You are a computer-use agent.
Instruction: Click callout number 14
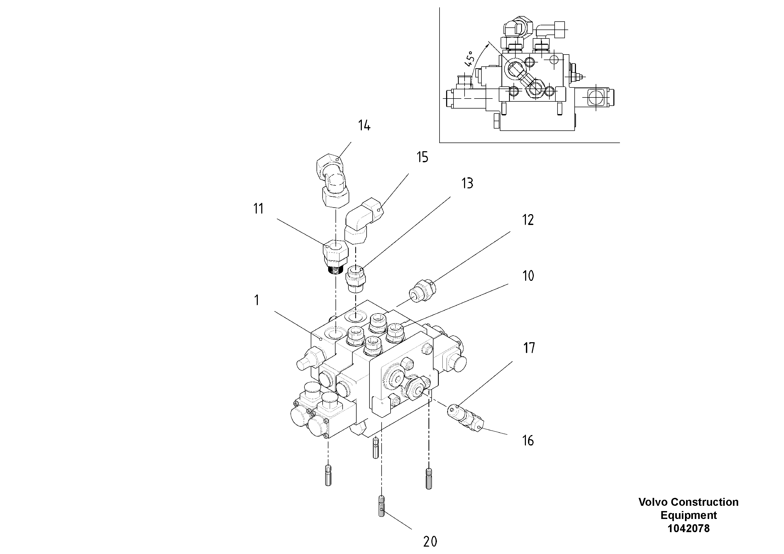coord(364,126)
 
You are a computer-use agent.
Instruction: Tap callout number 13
coord(467,183)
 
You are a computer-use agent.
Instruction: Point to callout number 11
coord(259,209)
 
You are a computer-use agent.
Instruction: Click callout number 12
coord(527,220)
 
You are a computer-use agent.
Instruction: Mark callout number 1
coord(257,301)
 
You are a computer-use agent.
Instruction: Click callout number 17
coord(529,348)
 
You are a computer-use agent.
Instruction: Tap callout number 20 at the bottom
coord(430,542)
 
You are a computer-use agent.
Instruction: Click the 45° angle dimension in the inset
coord(470,58)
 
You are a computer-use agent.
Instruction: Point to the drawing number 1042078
coord(688,528)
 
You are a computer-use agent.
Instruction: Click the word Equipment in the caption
coord(688,515)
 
